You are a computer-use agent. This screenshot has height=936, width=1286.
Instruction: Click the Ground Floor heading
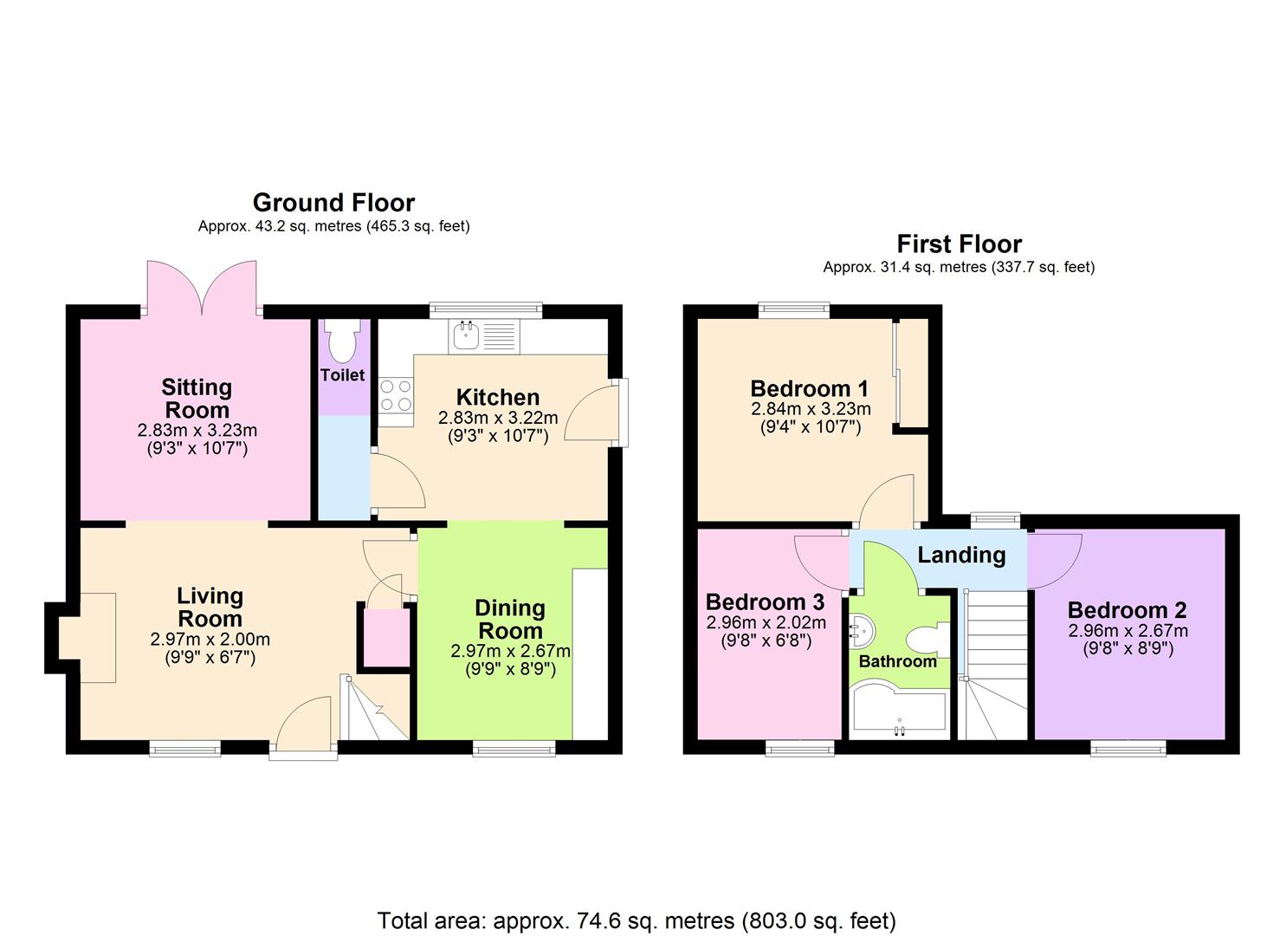click(333, 203)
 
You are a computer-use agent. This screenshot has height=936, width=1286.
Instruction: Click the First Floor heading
click(959, 244)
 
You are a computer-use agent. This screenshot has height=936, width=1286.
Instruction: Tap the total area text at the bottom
click(637, 920)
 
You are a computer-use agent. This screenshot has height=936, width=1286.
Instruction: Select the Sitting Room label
click(197, 399)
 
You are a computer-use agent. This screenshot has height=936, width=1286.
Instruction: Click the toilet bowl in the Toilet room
click(344, 342)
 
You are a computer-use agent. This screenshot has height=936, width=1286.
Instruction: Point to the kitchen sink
click(466, 335)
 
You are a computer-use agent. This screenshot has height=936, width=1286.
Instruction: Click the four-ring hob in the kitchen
click(396, 396)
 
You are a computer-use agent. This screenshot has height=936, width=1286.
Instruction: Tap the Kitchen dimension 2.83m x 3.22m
click(498, 418)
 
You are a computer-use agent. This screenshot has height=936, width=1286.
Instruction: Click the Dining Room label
click(511, 620)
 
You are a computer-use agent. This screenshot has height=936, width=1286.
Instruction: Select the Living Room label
click(210, 608)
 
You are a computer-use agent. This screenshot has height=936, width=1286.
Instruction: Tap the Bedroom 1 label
click(809, 388)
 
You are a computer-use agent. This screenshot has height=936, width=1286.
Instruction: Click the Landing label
click(961, 556)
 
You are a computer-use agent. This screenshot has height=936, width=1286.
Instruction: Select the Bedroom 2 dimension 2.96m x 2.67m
click(1127, 631)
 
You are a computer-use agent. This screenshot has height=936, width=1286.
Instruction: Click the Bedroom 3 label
click(765, 601)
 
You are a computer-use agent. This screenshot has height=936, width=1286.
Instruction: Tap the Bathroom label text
click(897, 661)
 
